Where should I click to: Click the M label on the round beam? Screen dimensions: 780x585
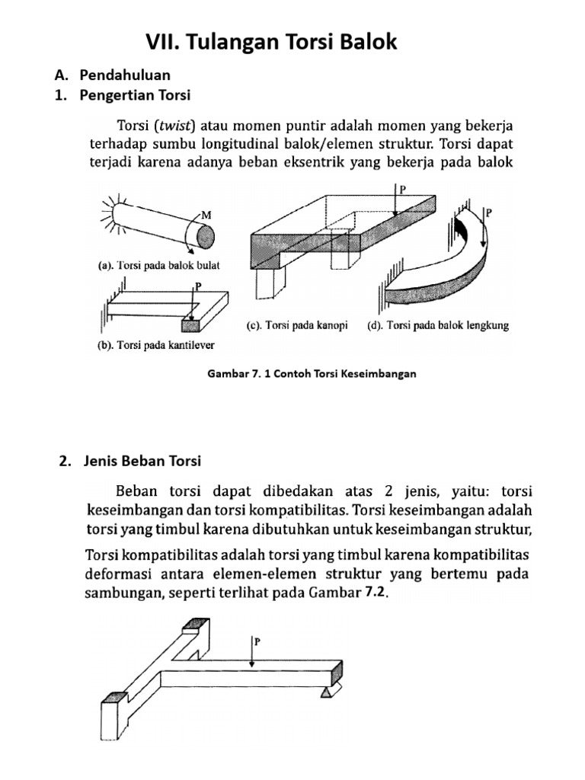(x=206, y=215)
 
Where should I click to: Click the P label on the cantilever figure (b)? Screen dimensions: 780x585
(x=200, y=286)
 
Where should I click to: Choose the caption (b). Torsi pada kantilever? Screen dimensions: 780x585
(x=155, y=345)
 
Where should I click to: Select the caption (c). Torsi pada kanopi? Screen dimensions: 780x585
(x=297, y=326)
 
